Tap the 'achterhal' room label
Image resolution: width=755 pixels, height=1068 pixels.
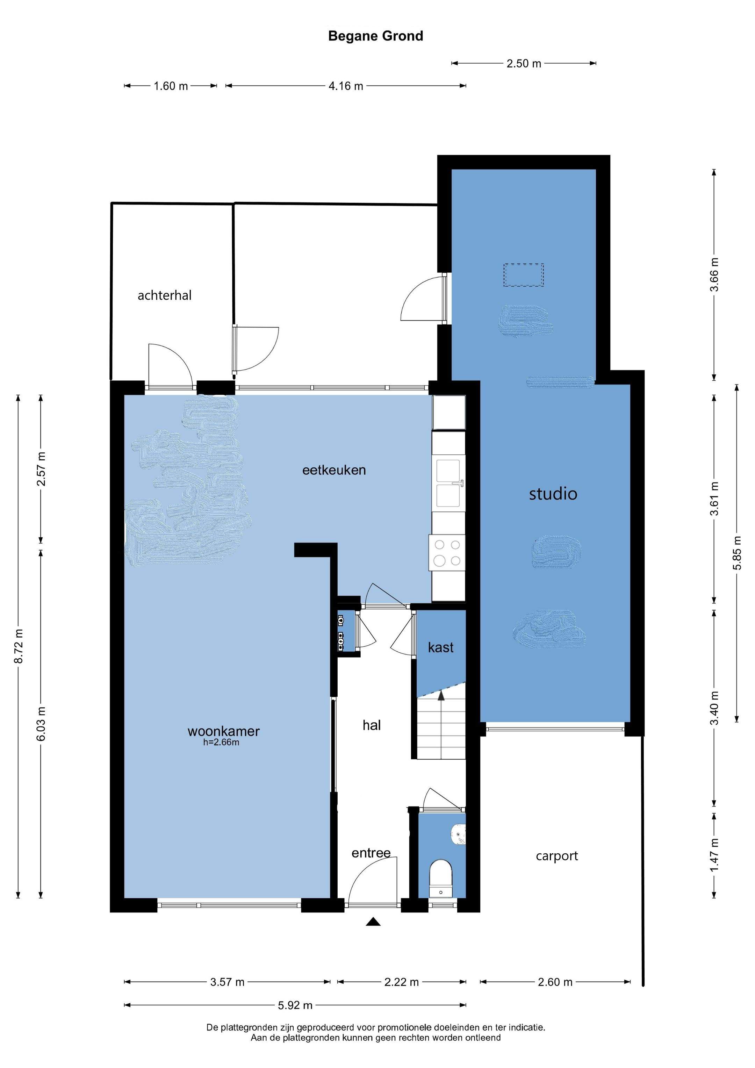pyautogui.click(x=165, y=295)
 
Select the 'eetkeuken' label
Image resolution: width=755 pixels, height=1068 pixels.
pyautogui.click(x=334, y=470)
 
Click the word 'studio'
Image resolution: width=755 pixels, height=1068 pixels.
pyautogui.click(x=553, y=494)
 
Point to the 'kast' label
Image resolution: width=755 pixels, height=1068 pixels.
pyautogui.click(x=440, y=647)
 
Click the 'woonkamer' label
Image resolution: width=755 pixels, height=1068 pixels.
pyautogui.click(x=223, y=731)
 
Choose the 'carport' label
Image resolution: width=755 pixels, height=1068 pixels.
pyautogui.click(x=556, y=856)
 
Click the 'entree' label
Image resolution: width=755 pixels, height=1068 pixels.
pyautogui.click(x=371, y=853)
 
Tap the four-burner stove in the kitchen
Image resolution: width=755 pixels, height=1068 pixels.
pyautogui.click(x=447, y=553)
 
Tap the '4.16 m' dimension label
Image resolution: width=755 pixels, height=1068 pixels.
pyautogui.click(x=346, y=86)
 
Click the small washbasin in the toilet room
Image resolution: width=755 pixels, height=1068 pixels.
pyautogui.click(x=458, y=836)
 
